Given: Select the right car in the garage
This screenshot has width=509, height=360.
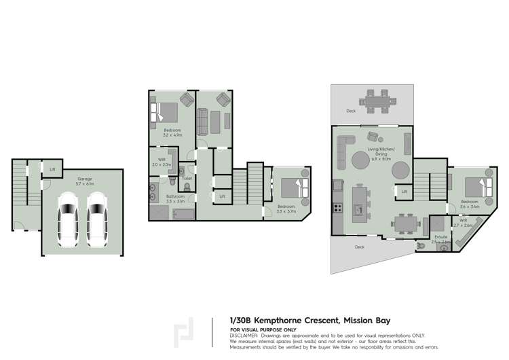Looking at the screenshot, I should coord(97,219).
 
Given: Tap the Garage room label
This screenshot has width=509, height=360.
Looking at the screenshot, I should coord(84,180).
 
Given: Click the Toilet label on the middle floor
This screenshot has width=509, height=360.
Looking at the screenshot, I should coord(187,179).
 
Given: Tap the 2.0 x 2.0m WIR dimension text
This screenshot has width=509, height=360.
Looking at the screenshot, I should coord(162,164).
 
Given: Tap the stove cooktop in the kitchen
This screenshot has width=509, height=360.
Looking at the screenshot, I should coord(335,206).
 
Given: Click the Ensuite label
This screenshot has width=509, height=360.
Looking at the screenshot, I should coord(441,237).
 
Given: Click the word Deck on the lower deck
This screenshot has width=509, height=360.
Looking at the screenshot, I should coord(360,247).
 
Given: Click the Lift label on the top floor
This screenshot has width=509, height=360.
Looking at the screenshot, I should coord(404,192).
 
